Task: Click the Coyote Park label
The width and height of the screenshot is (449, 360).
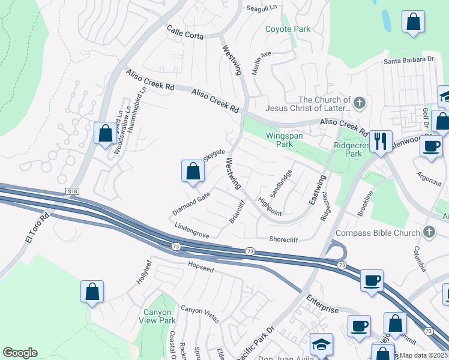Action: pyautogui.click(x=288, y=29)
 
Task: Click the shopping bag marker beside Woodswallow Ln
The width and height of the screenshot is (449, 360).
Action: pyautogui.click(x=105, y=133)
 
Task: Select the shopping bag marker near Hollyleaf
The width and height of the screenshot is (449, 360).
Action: pyautogui.click(x=92, y=292)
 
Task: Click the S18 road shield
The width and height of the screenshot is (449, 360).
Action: pyautogui.click(x=73, y=191)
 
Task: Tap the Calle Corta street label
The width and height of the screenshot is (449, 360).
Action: pyautogui.click(x=185, y=32)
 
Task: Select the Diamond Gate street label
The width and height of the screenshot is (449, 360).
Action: pyautogui.click(x=191, y=205)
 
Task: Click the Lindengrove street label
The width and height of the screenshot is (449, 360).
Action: pyautogui.click(x=191, y=231)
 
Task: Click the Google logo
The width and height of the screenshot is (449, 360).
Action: pyautogui.click(x=20, y=353)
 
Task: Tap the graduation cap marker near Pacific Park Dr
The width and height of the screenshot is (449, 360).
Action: pyautogui.click(x=321, y=344)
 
